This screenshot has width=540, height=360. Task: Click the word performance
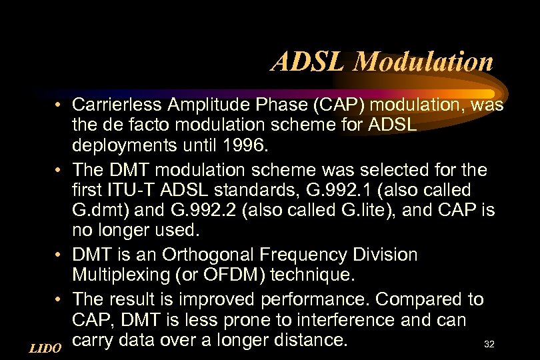tap(305, 300)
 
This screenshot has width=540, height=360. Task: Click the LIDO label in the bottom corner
tap(46, 347)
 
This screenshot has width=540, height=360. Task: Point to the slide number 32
tap(489, 345)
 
